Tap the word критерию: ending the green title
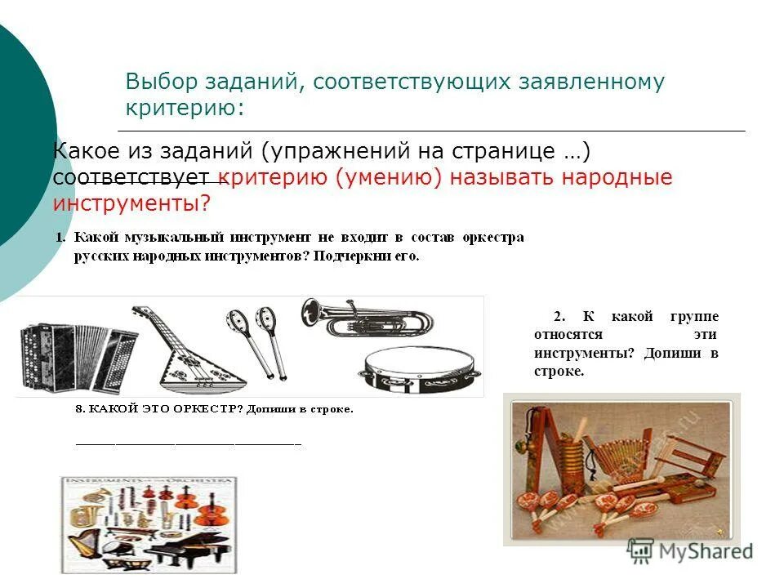(185, 109)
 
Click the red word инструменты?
(131, 203)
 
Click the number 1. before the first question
(60, 237)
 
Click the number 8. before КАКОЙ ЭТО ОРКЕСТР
(80, 409)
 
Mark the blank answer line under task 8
(188, 444)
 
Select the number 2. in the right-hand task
(559, 317)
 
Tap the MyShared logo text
(706, 551)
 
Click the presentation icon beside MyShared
(641, 550)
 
